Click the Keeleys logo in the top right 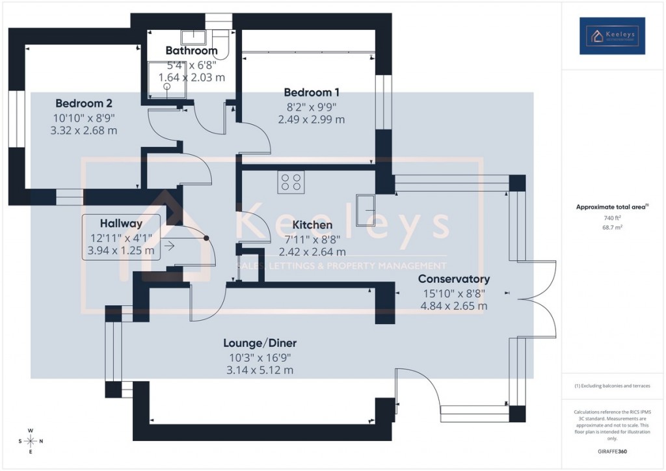click(x=612, y=36)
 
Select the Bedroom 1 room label click(x=312, y=92)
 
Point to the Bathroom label click(x=191, y=50)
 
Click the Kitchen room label click(x=312, y=224)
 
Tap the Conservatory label click(x=454, y=279)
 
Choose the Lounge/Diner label click(x=260, y=343)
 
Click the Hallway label click(x=121, y=223)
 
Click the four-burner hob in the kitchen click(x=291, y=182)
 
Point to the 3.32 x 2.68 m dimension click(x=83, y=130)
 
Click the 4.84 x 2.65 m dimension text click(x=454, y=306)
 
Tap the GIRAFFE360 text click(x=613, y=451)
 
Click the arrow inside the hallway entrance click(x=170, y=246)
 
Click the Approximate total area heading click(x=612, y=207)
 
